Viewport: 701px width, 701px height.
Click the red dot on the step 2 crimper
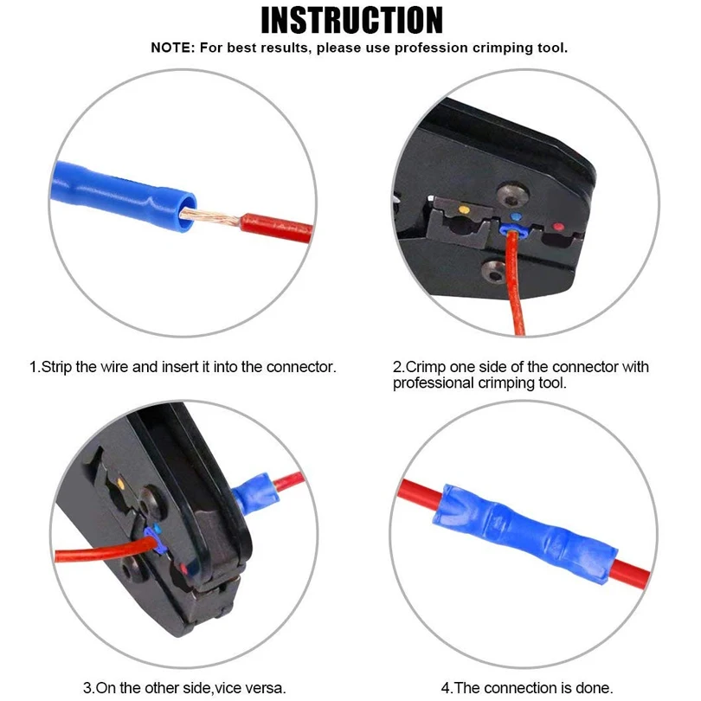coord(557,228)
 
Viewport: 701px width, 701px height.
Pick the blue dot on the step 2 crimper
coord(518,218)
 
